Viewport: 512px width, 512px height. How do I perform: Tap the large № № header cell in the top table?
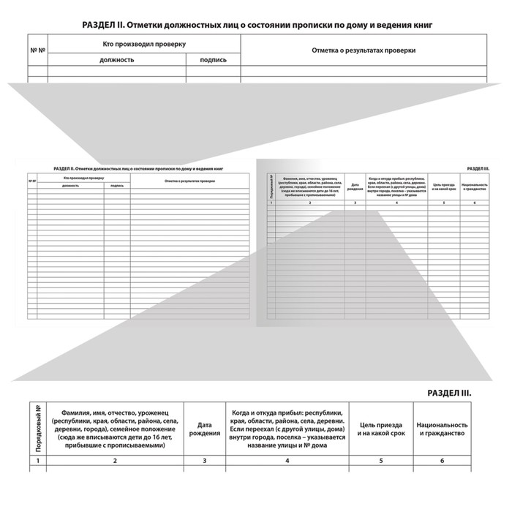37,51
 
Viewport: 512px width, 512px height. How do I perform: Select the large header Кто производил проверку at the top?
144,45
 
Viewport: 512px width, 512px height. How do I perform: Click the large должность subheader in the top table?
117,60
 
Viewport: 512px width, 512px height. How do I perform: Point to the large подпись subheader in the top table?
212,60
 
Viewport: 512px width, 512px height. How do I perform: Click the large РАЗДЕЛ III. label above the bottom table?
449,393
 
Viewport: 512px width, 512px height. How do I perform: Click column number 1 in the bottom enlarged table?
37,461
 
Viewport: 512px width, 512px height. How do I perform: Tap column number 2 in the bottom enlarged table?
115,461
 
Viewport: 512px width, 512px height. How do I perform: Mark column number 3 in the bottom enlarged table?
204,461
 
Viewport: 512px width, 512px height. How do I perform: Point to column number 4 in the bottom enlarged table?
287,461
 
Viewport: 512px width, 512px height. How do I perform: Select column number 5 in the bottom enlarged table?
380,461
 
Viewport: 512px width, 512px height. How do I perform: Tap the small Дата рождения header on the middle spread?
355,187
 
